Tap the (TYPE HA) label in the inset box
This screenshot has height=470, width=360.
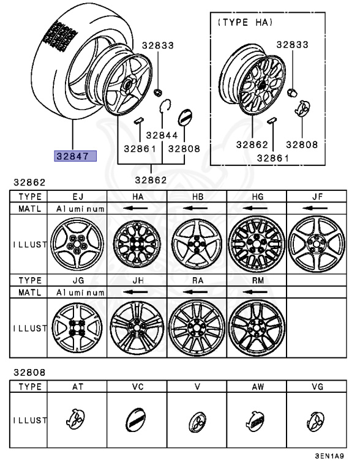(245, 22)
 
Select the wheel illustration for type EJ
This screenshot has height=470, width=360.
(77, 243)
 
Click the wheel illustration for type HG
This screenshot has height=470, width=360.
(257, 243)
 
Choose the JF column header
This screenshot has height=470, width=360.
(316, 196)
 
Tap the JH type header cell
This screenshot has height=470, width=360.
(137, 282)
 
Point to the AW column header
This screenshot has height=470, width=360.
(257, 387)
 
